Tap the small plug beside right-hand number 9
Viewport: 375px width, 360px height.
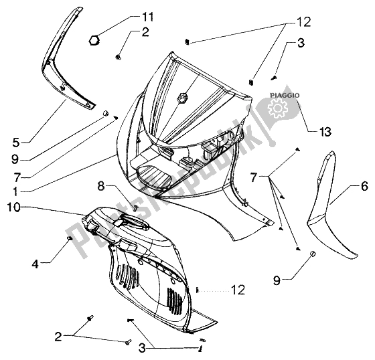coord(312,254)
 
